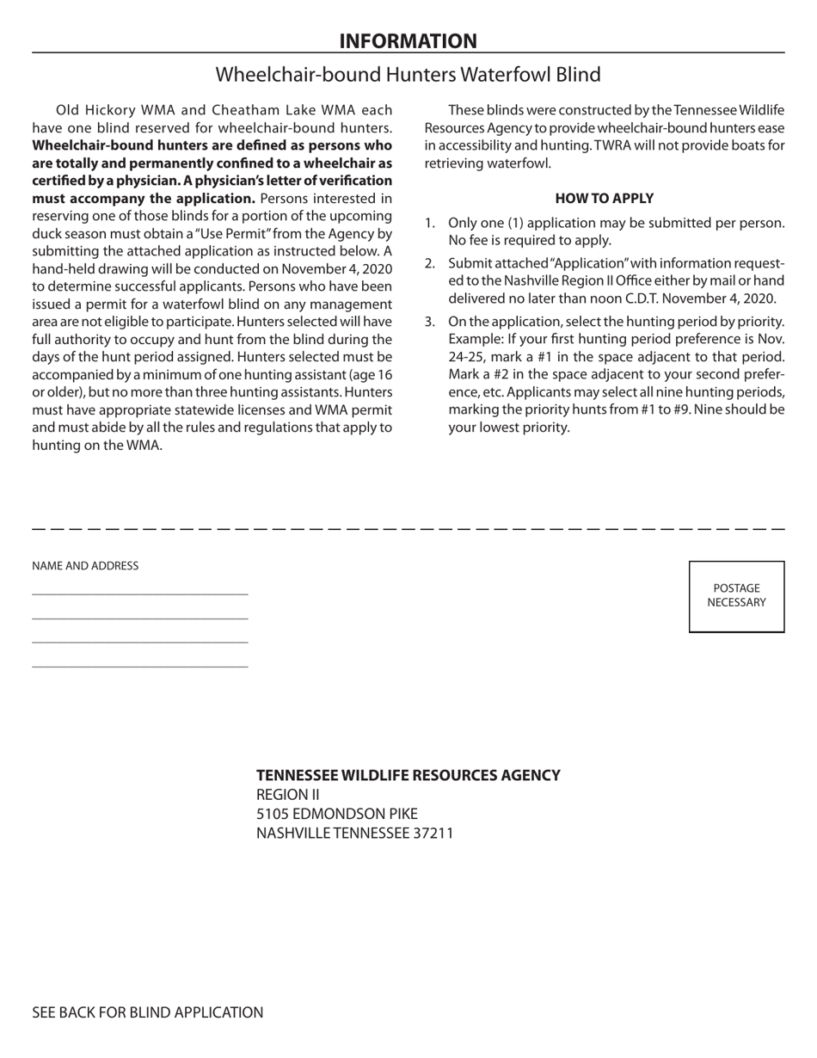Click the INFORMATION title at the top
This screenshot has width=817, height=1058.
[x=408, y=40]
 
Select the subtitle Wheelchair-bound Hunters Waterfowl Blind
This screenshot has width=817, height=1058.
[x=408, y=75]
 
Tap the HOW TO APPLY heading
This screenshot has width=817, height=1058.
[x=604, y=198]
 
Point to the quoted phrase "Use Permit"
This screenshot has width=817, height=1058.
[x=261, y=233]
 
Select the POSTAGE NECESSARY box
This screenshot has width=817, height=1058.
[x=736, y=596]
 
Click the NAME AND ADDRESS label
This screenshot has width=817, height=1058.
[x=85, y=566]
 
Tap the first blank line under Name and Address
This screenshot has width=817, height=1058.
[x=139, y=594]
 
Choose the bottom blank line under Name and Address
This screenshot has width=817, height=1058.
[x=139, y=667]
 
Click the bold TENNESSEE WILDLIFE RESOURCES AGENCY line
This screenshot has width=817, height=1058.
[x=408, y=775]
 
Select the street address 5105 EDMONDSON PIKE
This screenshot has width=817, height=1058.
[x=336, y=814]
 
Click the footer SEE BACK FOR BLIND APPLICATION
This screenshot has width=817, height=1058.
[x=148, y=1012]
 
